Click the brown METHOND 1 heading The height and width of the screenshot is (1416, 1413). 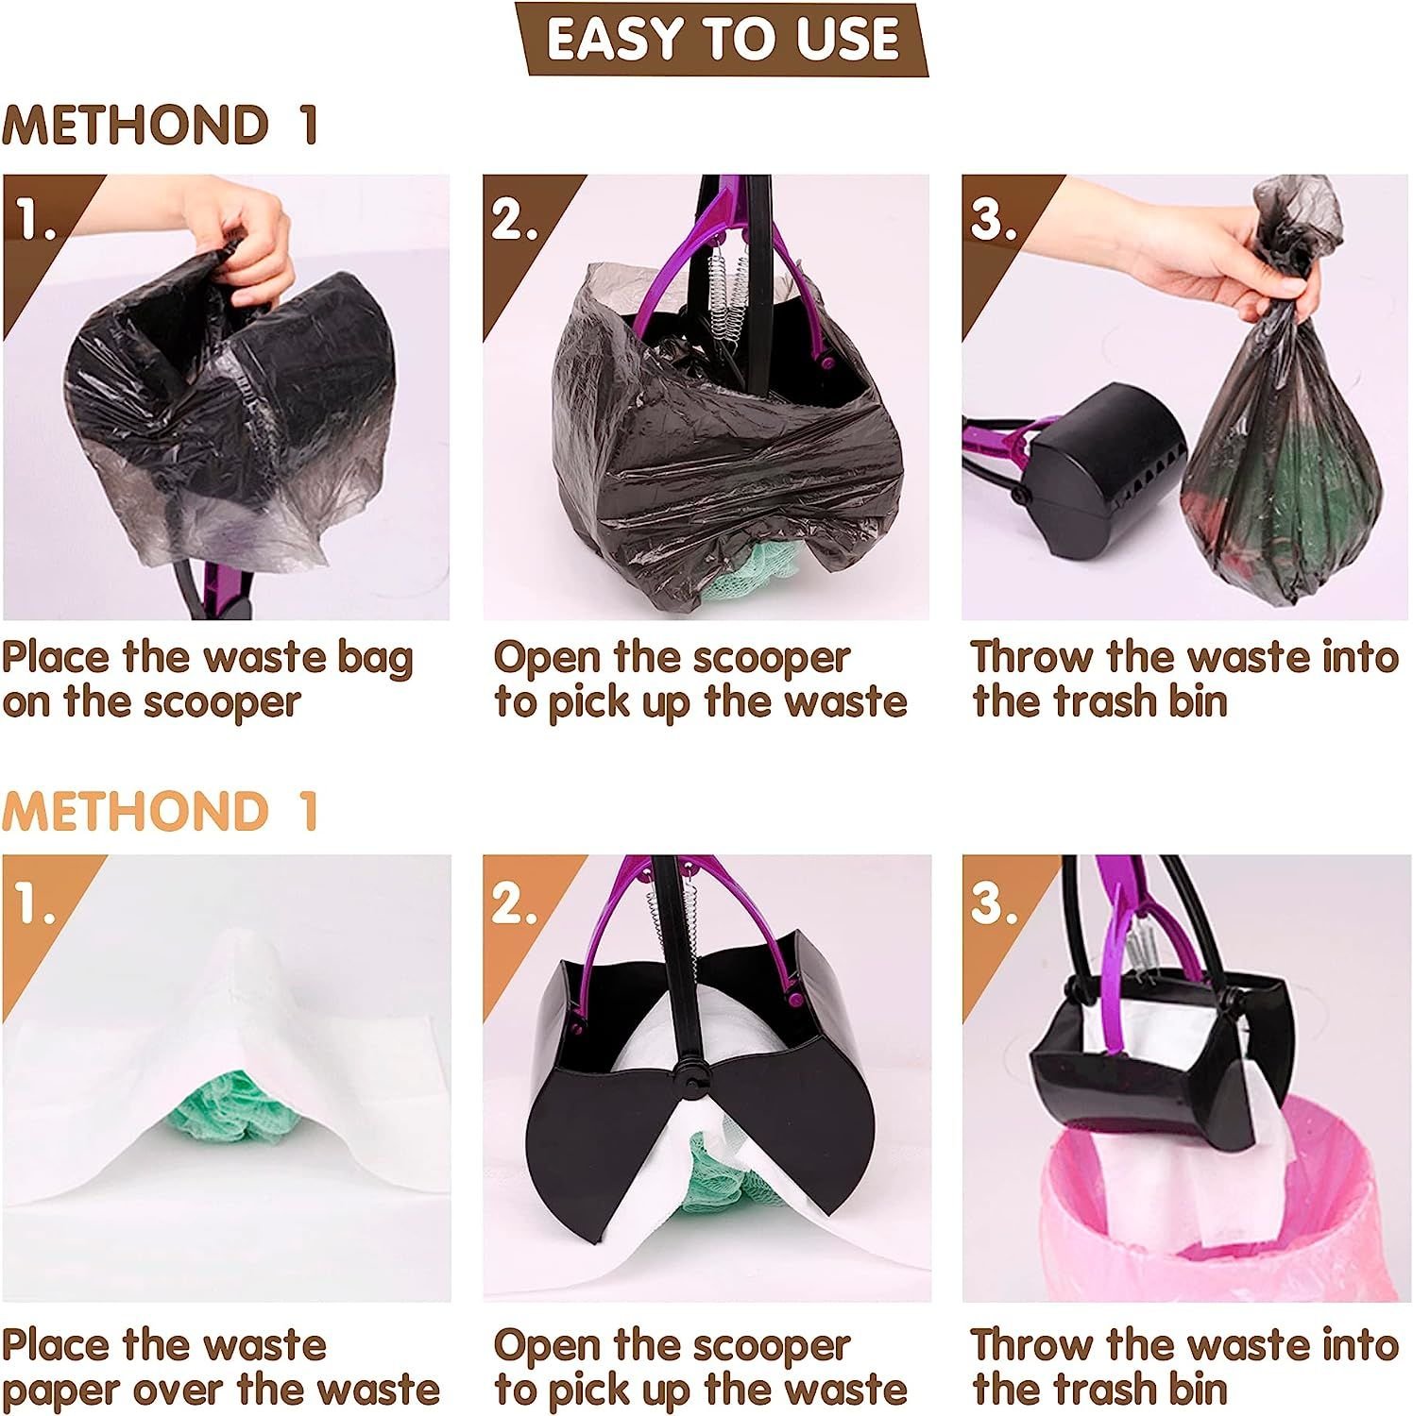click(161, 126)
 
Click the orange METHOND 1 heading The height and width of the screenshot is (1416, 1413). click(161, 811)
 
